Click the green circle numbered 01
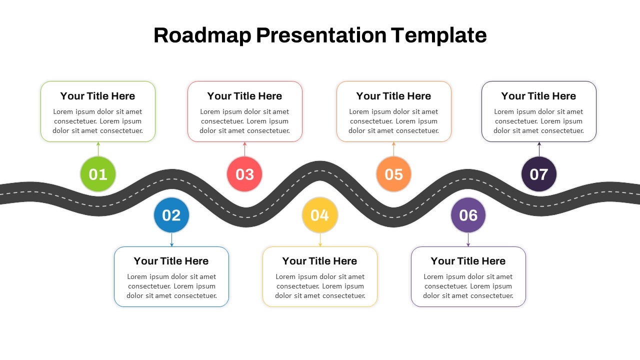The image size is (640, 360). (98, 174)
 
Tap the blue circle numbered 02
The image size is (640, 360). (171, 215)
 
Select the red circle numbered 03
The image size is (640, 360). (244, 174)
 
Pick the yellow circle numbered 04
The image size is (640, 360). (320, 215)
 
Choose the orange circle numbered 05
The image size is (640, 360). (393, 174)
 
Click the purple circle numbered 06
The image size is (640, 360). (468, 215)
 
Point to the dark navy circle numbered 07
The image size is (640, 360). (539, 174)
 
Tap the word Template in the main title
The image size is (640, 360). (438, 35)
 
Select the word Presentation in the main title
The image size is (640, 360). (321, 35)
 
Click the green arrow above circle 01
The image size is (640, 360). (98, 149)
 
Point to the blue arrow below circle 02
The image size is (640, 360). (171, 240)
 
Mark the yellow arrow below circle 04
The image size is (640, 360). (320, 240)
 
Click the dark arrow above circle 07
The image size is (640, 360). (539, 149)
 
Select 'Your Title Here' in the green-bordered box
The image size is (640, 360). (98, 96)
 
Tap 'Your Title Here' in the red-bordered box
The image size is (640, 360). (244, 96)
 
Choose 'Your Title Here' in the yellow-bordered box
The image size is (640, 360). (320, 261)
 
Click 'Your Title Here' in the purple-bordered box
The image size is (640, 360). (468, 261)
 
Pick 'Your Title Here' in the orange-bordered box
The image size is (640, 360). (393, 96)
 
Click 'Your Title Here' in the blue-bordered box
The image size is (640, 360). (171, 261)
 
